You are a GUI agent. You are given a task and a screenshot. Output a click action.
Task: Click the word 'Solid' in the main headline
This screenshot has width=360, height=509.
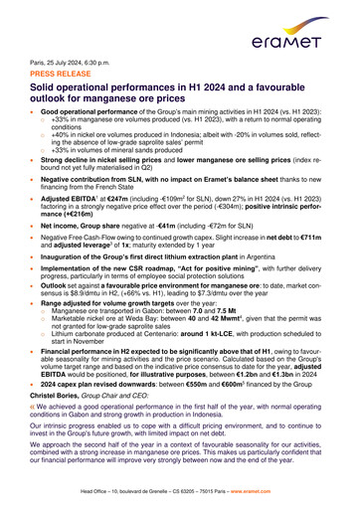click(44, 89)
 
